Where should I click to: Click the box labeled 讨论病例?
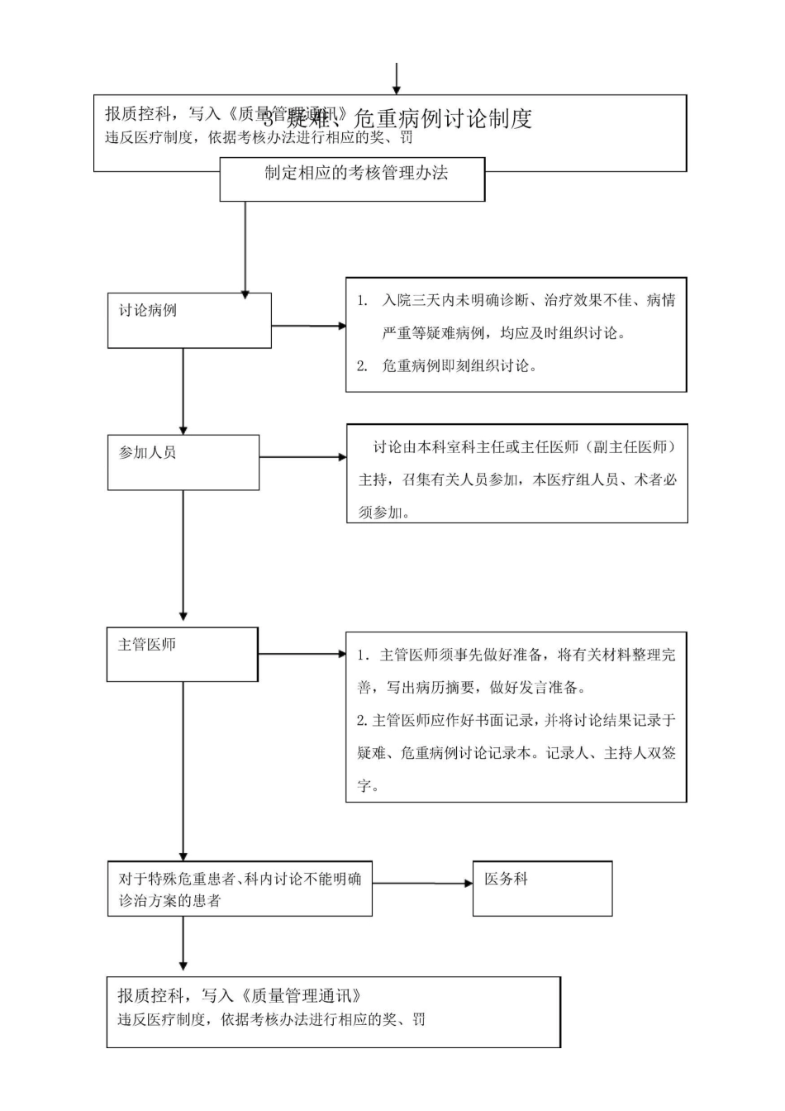(189, 320)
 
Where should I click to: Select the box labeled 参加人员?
(183, 462)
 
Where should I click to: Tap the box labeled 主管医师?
(182, 654)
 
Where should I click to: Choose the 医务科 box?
(542, 888)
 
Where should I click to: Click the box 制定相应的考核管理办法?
(352, 178)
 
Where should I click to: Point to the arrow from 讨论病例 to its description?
(308, 326)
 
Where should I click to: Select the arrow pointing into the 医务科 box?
(422, 883)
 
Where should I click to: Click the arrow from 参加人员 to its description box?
(302, 457)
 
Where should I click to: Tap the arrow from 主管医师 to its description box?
(302, 654)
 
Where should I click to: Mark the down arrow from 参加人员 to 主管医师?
(183, 554)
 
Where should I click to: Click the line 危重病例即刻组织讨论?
(459, 365)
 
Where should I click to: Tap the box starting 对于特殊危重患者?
(240, 889)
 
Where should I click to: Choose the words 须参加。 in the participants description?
(385, 513)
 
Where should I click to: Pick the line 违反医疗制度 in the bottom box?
(271, 1019)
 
